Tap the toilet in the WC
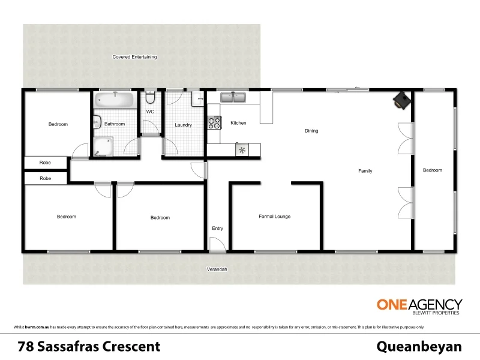tap(151, 99)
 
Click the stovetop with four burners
tap(214, 123)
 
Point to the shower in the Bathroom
tap(102, 146)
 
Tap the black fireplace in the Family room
tap(401, 100)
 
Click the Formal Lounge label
tap(274, 217)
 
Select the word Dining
tap(311, 131)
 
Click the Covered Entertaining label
tap(134, 57)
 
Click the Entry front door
tap(217, 244)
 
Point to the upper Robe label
tap(45, 162)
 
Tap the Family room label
tap(365, 171)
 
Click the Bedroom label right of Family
tap(432, 170)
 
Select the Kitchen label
tap(238, 123)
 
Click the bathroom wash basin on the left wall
tap(95, 122)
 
